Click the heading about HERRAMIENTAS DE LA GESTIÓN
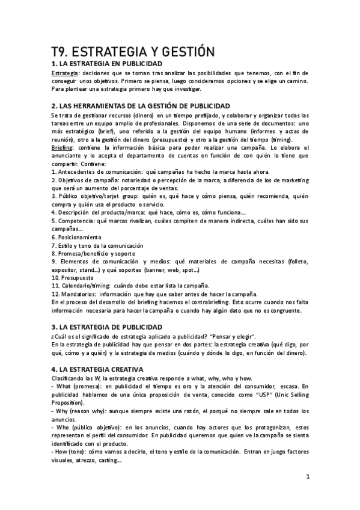141,105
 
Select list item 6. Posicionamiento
76,238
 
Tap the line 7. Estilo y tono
97,245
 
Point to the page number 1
307,477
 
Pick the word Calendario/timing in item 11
87,286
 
